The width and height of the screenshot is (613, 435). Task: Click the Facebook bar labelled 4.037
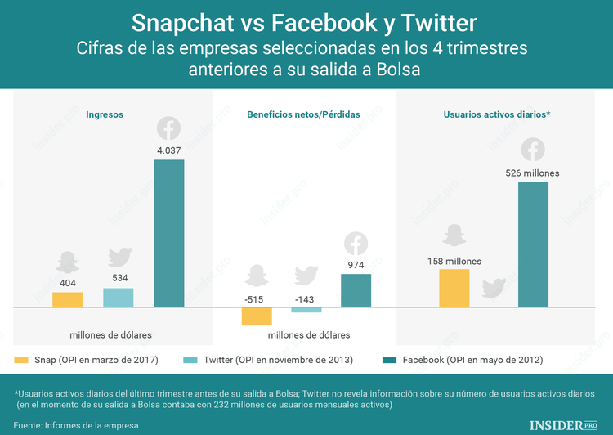point(168,233)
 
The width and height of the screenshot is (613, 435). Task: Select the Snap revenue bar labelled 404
point(68,299)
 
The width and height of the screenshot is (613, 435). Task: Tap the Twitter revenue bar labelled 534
point(118,298)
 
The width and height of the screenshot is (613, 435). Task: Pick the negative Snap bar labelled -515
point(257,316)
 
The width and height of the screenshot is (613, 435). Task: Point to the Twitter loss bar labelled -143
point(306,310)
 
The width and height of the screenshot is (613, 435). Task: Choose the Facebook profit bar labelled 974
point(356,290)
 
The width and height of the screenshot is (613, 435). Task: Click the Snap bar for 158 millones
point(454,288)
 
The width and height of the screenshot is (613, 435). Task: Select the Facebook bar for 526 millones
point(533,244)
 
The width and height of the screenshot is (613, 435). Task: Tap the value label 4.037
point(168,150)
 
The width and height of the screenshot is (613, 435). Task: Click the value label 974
point(356,264)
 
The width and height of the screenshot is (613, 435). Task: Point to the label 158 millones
point(454,261)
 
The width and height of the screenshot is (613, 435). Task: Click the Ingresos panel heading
point(105,115)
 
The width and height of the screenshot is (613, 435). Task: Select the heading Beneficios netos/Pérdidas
point(303,115)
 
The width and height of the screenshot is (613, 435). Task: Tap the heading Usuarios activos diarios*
point(496,115)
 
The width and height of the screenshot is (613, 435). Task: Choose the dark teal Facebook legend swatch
point(389,360)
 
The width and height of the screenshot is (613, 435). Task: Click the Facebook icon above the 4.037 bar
point(168,128)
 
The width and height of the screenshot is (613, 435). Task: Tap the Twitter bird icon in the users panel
point(494,288)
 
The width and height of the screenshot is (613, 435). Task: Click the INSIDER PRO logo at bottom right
point(564,424)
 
